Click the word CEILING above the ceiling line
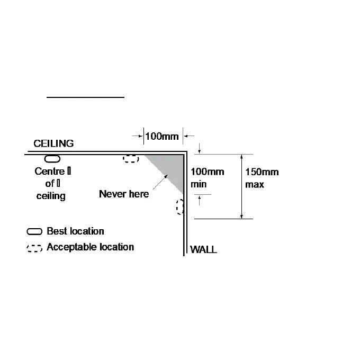point(53,143)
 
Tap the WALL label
point(203,249)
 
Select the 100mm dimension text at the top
point(162,137)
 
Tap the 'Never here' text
point(124,194)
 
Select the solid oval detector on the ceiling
point(52,159)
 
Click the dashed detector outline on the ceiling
point(131,159)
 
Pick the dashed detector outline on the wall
point(181,206)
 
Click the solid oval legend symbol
point(35,232)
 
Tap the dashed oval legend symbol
point(35,248)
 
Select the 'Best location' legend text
point(75,231)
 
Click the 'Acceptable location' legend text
point(90,247)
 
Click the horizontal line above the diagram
point(85,98)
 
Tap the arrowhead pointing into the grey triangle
point(165,176)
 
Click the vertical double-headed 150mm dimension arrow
point(242,186)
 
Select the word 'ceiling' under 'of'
point(51,196)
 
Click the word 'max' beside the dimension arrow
point(254,185)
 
